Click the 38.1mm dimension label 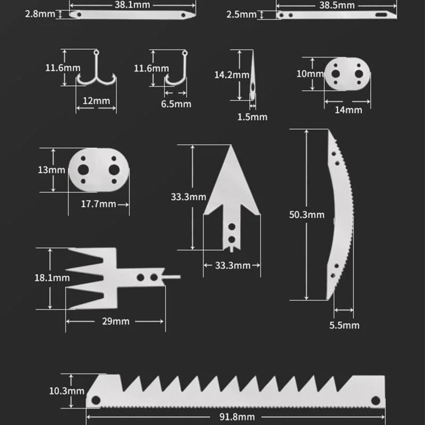click(x=132, y=4)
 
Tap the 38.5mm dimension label click(x=336, y=4)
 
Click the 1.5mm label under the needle click(x=252, y=116)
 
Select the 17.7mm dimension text click(x=98, y=203)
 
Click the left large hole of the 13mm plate click(x=83, y=169)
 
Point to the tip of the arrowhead click(x=232, y=149)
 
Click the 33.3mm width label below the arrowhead click(x=232, y=265)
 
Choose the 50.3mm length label click(x=307, y=215)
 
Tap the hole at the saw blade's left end click(x=96, y=399)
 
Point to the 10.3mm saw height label click(x=66, y=390)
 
